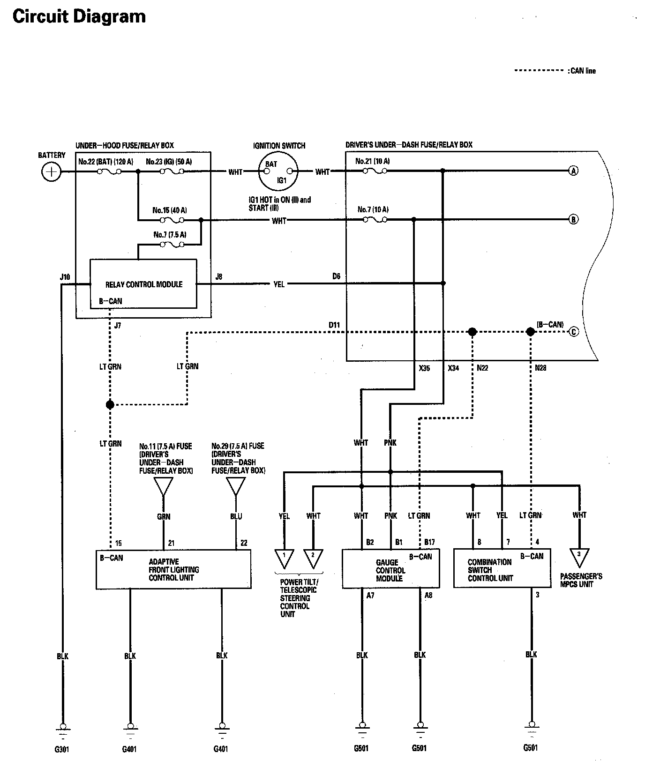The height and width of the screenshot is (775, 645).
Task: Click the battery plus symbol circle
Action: click(x=51, y=172)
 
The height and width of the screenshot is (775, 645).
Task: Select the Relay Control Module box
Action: click(x=143, y=284)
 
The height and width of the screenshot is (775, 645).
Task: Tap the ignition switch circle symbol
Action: click(x=278, y=171)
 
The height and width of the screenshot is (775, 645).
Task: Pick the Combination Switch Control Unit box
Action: click(x=502, y=568)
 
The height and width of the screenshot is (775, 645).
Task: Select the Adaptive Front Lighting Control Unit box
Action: click(x=173, y=569)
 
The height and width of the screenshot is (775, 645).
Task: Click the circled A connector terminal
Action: click(x=573, y=171)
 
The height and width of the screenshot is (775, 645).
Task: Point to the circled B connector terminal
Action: click(x=573, y=219)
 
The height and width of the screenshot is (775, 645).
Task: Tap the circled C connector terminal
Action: click(x=574, y=332)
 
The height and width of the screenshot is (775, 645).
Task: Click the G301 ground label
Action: click(x=62, y=749)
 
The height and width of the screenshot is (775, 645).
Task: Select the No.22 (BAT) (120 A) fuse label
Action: click(x=105, y=162)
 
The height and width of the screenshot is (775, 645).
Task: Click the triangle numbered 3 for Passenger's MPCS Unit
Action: click(x=579, y=556)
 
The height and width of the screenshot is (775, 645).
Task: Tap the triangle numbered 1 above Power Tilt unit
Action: click(x=284, y=558)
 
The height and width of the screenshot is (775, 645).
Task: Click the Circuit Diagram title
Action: click(x=79, y=16)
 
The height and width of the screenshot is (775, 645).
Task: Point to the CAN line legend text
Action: click(x=583, y=71)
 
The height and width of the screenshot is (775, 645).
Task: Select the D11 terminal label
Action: click(x=334, y=325)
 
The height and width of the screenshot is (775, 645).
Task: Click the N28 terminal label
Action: click(x=540, y=368)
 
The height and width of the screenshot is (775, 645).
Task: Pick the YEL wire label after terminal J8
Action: click(x=279, y=284)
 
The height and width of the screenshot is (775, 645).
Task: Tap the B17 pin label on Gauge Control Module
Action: click(x=429, y=542)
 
